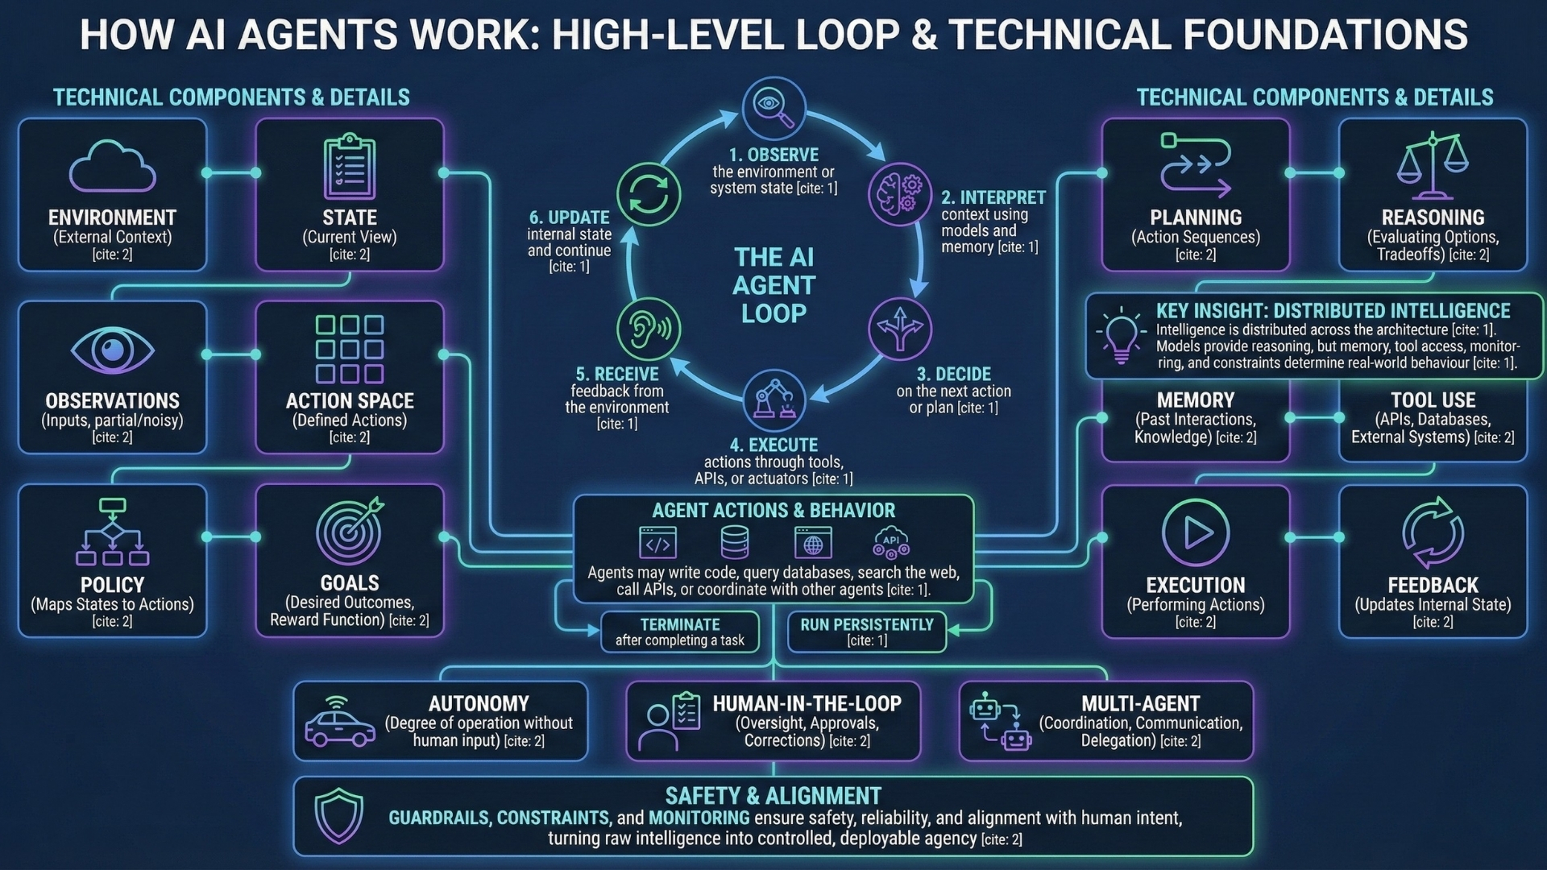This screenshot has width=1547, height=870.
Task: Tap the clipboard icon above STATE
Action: (350, 168)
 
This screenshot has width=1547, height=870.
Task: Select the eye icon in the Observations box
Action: (112, 350)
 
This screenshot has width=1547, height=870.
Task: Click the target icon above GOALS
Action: (349, 531)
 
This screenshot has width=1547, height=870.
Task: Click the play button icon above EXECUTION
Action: (1196, 532)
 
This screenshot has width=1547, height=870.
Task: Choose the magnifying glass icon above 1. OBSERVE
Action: (773, 108)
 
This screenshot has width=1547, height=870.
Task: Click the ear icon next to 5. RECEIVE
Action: (649, 329)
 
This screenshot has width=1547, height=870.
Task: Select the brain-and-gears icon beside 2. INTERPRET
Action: (899, 193)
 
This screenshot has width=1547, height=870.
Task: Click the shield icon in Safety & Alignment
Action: (338, 815)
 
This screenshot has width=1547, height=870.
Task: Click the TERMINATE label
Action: (680, 624)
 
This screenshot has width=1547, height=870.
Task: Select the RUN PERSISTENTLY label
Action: (867, 624)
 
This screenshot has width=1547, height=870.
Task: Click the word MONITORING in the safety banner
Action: (699, 818)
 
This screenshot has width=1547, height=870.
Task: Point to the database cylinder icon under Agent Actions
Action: (734, 543)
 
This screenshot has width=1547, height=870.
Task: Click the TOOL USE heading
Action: (1433, 400)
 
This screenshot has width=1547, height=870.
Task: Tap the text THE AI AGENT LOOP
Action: (773, 285)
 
